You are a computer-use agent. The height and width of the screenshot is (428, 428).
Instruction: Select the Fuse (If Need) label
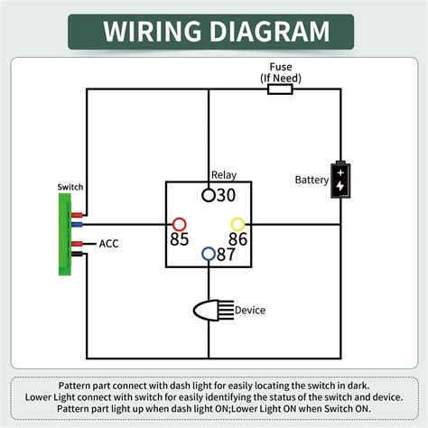(x=279, y=72)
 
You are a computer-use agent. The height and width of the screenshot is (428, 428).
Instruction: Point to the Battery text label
(x=312, y=180)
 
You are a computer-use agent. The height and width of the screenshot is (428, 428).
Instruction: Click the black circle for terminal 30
(x=208, y=194)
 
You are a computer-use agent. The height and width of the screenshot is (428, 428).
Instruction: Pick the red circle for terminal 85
(x=180, y=224)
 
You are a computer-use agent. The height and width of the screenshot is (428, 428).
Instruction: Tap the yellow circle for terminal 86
(x=238, y=224)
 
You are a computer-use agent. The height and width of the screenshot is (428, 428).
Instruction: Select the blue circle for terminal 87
(x=208, y=254)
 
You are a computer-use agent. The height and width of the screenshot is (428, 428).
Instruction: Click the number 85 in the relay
(x=180, y=240)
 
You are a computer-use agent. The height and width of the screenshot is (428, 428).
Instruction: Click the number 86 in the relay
(x=237, y=240)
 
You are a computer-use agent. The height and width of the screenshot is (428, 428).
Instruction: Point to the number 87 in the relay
(x=226, y=255)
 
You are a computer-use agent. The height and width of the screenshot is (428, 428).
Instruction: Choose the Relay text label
(x=223, y=174)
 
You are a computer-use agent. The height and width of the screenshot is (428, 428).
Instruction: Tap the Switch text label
(x=70, y=187)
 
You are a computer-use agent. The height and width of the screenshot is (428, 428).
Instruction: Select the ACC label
(x=108, y=244)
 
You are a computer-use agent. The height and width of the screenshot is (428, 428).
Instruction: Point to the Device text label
(x=250, y=311)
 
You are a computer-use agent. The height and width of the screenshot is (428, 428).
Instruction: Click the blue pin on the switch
(x=78, y=224)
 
